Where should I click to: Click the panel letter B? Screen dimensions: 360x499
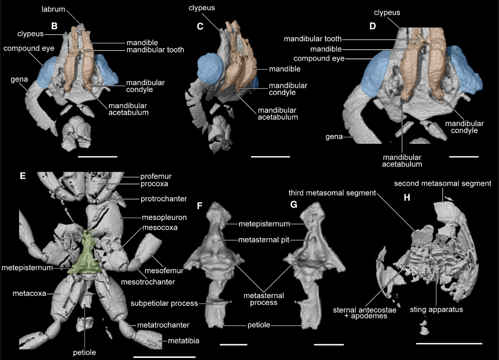click(x=54, y=26)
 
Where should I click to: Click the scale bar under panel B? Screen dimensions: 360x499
click(x=98, y=156)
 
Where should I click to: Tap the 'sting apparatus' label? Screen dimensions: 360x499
click(x=442, y=309)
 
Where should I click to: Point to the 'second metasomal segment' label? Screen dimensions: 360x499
click(x=443, y=184)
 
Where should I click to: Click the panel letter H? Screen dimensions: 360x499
click(x=406, y=198)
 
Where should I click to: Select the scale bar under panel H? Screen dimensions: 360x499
click(x=449, y=343)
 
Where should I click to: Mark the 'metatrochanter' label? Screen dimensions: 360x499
click(x=163, y=325)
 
